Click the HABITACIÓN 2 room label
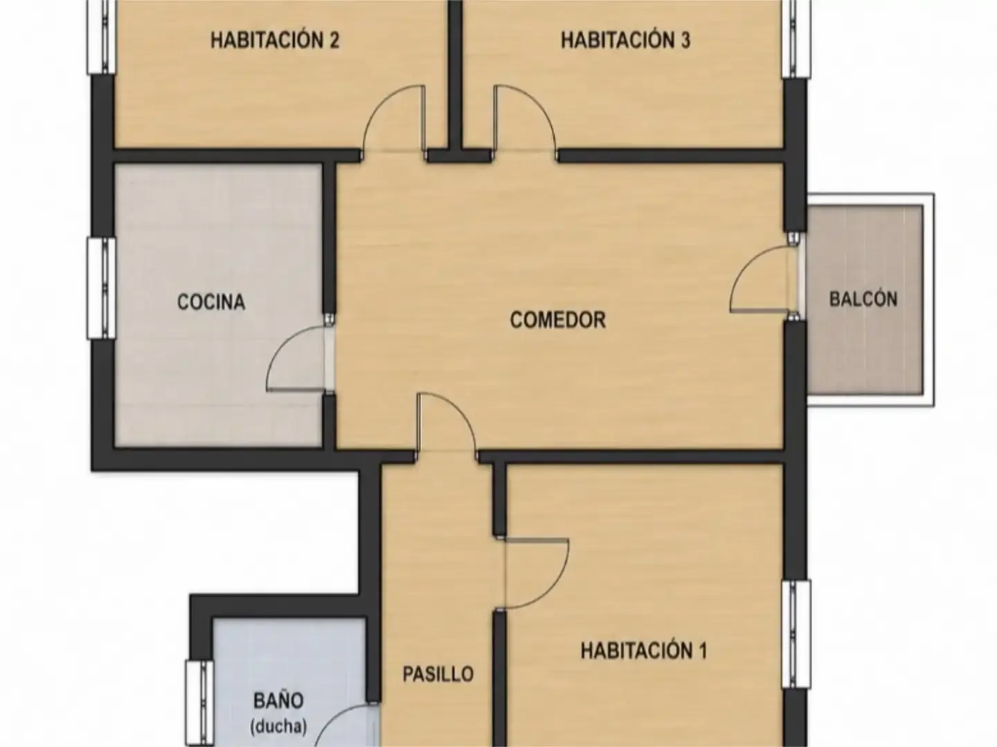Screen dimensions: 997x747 pos(275,40)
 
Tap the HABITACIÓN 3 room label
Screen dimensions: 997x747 pos(625,40)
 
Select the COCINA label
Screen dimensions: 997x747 pos(211,302)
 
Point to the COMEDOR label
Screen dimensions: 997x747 pos(558,320)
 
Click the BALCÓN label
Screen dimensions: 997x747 pos(863,299)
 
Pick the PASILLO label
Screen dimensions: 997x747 pos(438,674)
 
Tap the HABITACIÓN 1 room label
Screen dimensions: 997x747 pos(644,651)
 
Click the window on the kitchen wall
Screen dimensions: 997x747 pos(101,288)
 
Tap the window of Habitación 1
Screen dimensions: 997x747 pos(796,634)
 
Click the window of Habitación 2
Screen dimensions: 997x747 pos(101,36)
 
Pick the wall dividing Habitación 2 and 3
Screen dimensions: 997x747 pos(455,75)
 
